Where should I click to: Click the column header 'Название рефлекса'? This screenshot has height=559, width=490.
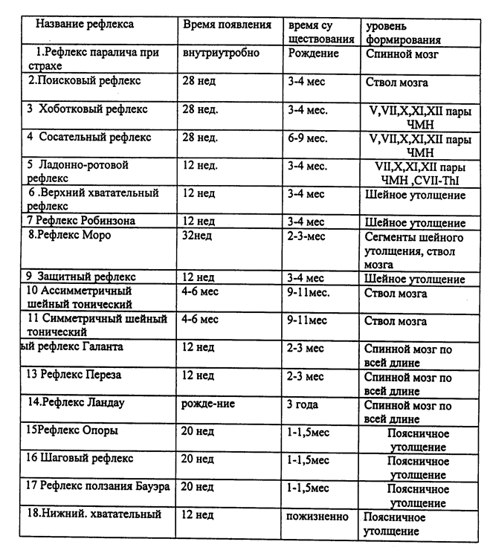(85, 24)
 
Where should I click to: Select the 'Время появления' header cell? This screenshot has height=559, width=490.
(227, 24)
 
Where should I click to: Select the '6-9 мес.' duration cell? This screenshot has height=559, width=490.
(307, 138)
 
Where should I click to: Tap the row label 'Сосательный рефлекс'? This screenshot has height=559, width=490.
(88, 138)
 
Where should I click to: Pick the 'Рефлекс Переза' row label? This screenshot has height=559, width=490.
(74, 375)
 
